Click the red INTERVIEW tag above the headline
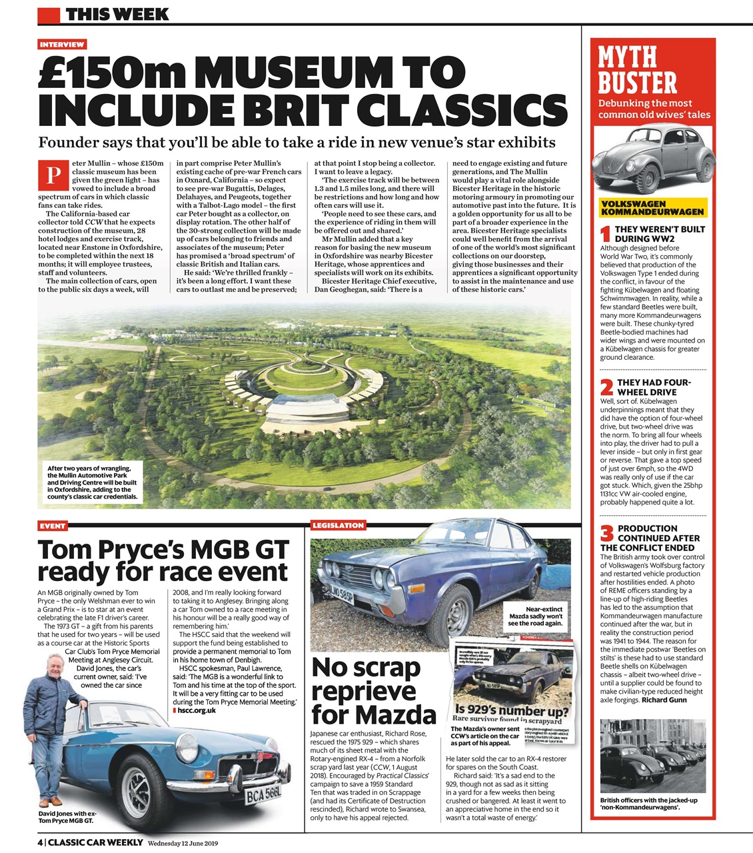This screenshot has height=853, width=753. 62,45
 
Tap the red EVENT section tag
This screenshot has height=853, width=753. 53,526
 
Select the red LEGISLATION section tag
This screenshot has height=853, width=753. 339,525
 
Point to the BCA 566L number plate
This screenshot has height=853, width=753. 263,795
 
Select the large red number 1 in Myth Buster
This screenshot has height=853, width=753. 606,234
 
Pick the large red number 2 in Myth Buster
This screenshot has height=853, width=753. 606,387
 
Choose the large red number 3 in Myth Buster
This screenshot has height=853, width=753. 606,534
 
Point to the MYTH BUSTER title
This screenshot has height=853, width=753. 637,70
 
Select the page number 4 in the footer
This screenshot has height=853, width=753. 40,842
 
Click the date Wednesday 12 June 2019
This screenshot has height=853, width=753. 183,843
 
